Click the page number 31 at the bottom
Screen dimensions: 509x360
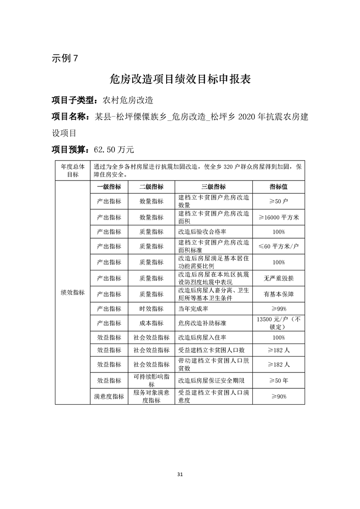click(x=180, y=475)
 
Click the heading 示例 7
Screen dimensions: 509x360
click(x=65, y=59)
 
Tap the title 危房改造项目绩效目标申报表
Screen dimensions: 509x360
click(x=180, y=79)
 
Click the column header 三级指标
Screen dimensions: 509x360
click(x=213, y=187)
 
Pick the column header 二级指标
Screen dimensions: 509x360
click(x=151, y=187)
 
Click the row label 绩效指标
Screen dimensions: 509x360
click(x=73, y=293)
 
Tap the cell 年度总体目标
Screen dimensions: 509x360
click(x=73, y=170)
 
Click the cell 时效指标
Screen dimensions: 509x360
click(x=151, y=308)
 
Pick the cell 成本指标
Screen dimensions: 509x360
click(x=151, y=323)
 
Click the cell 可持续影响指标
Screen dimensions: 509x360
click(x=151, y=380)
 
